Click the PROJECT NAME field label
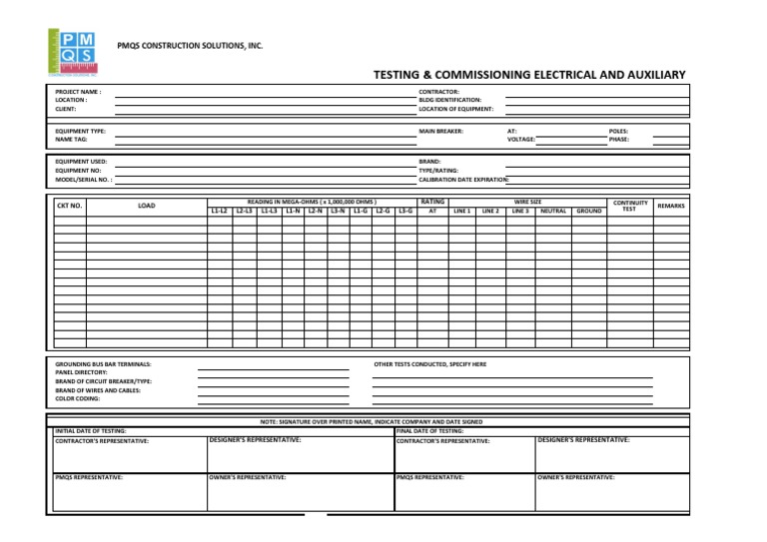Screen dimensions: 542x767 [78, 91]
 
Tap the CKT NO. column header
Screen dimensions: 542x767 [69, 207]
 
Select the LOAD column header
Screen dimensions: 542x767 [146, 207]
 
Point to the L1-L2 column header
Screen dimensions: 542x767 [219, 211]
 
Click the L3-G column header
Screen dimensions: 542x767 [405, 211]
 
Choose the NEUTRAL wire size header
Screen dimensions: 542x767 [552, 211]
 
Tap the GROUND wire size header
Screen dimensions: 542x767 [588, 211]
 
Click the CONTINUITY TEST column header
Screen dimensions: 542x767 [629, 206]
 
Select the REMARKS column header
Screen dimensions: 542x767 [671, 206]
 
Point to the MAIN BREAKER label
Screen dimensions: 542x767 [440, 131]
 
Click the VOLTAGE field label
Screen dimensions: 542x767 [521, 140]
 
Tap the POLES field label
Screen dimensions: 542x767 [619, 131]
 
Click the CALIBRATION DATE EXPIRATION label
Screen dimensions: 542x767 [464, 180]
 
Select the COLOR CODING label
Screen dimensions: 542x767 [77, 398]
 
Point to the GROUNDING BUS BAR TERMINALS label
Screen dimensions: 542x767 [103, 364]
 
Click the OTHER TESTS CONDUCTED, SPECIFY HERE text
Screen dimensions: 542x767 [429, 364]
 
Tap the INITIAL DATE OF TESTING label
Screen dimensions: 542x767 [91, 430]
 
